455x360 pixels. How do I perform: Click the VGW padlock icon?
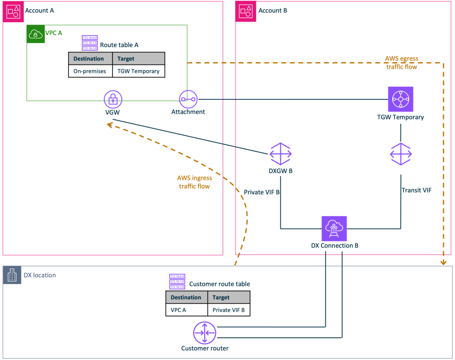click(112, 99)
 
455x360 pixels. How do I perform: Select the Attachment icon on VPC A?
click(188, 99)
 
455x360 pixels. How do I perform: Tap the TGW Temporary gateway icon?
click(400, 99)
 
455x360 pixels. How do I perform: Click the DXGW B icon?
click(281, 154)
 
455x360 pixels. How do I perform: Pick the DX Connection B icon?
click(334, 229)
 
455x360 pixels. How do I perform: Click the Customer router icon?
click(204, 332)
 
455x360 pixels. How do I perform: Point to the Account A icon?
click(12, 11)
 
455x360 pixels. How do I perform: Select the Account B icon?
click(246, 11)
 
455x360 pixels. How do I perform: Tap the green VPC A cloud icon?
click(36, 34)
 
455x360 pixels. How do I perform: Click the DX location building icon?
click(12, 275)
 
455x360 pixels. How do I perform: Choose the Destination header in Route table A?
click(89, 59)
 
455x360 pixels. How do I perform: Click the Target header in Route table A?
click(126, 59)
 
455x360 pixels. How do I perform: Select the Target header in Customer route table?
click(221, 297)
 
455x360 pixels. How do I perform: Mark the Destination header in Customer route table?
click(186, 297)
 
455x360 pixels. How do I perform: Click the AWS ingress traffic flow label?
click(195, 182)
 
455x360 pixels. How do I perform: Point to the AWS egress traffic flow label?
click(401, 63)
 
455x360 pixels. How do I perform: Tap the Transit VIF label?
click(416, 190)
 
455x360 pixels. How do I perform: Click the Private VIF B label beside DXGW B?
click(262, 192)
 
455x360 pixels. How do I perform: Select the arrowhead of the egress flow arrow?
click(443, 262)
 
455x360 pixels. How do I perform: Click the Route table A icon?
click(90, 43)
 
